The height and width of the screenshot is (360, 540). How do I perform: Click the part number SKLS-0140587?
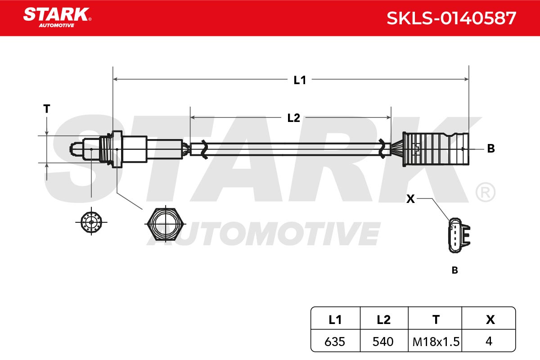[451, 18]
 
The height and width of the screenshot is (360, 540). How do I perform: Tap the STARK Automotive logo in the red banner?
[58, 18]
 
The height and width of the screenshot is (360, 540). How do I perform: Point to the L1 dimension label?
[300, 80]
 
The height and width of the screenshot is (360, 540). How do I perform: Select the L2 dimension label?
[293, 118]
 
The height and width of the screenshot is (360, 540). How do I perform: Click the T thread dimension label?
[46, 109]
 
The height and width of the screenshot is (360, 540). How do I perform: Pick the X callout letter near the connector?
[410, 199]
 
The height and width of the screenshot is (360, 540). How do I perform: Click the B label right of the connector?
[491, 148]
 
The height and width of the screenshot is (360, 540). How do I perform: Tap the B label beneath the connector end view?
[454, 270]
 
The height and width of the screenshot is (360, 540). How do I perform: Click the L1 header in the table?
[335, 320]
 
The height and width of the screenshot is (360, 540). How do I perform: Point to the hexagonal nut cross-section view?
[166, 224]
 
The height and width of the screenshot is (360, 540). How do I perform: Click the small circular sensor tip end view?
[91, 222]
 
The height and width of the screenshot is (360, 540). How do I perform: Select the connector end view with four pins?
[459, 235]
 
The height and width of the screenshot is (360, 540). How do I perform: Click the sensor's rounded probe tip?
[76, 149]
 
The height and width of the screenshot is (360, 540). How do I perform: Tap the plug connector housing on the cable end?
[436, 149]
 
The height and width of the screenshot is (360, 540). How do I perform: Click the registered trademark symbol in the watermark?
[485, 192]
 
